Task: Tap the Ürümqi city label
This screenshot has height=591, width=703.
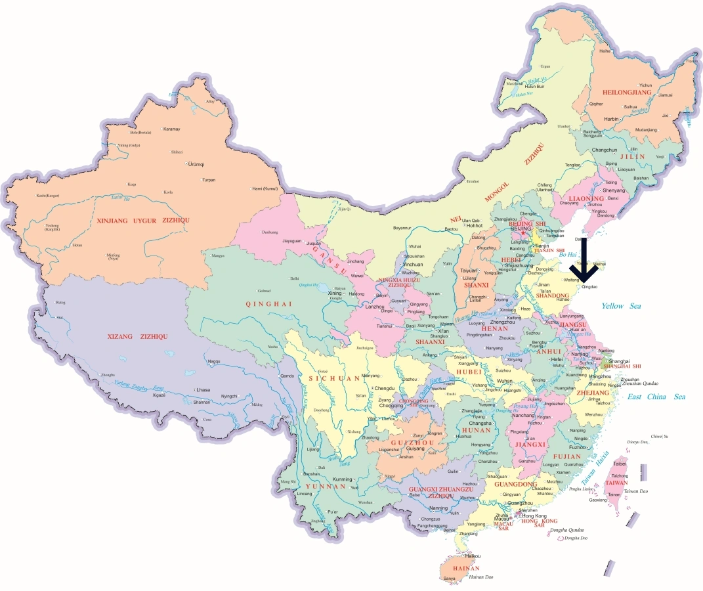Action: (196, 164)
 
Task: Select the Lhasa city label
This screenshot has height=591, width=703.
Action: (203, 390)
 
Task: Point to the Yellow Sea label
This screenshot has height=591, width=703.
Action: (621, 306)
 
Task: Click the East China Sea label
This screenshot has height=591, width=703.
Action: (656, 397)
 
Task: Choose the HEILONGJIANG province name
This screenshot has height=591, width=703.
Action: (627, 93)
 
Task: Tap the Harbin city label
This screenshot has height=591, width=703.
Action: (611, 119)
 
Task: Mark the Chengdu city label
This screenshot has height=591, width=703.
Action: (384, 388)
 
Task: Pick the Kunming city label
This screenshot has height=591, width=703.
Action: (343, 479)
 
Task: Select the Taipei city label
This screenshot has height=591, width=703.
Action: (620, 464)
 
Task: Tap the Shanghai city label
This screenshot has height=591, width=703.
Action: (620, 361)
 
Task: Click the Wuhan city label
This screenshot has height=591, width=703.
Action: (505, 381)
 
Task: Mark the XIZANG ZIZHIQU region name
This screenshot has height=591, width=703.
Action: (137, 336)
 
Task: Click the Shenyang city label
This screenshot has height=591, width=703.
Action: (614, 190)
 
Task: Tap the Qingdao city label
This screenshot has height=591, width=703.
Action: (589, 287)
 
